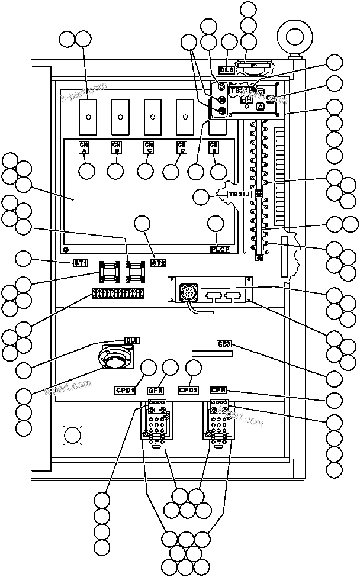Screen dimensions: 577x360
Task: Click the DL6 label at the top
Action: (x=227, y=69)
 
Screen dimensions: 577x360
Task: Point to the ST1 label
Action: (x=81, y=262)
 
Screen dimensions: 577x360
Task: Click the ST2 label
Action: (x=158, y=262)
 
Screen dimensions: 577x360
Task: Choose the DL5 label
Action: (x=132, y=340)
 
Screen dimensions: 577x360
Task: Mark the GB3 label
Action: (x=224, y=344)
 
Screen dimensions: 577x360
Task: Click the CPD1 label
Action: (x=126, y=390)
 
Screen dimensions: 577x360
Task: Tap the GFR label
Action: (x=156, y=390)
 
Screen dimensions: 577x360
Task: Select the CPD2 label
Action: (x=188, y=390)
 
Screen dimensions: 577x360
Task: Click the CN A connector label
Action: (x=85, y=147)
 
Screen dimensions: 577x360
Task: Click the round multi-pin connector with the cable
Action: (x=191, y=292)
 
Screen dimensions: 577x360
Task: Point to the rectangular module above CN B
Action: (x=120, y=116)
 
